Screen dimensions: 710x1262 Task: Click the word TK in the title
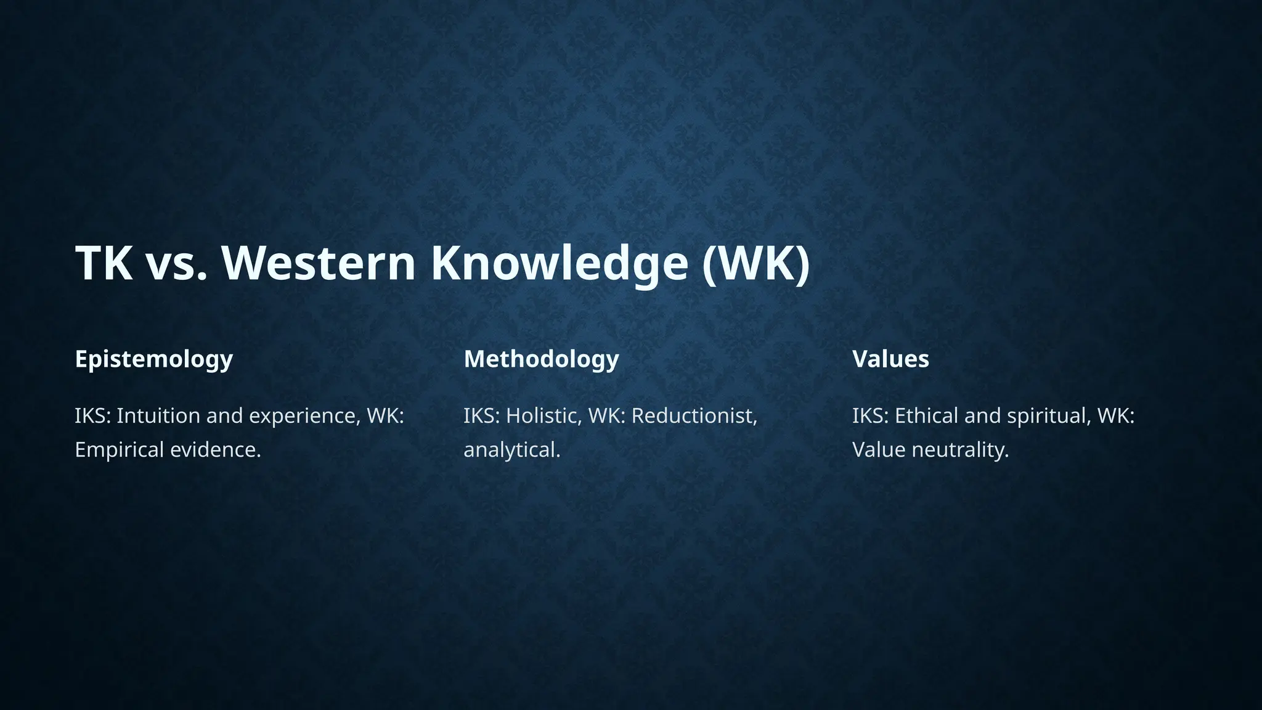tap(104, 263)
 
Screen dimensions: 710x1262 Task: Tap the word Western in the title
tap(318, 263)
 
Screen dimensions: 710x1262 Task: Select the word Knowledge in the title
tap(559, 263)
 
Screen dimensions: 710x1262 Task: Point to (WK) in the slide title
tap(755, 263)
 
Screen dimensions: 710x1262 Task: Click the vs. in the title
tap(176, 263)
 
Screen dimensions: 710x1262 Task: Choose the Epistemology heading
tap(154, 359)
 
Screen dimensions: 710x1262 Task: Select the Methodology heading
tap(541, 359)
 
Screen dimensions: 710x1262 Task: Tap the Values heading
tap(890, 359)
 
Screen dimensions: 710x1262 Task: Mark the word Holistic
tap(543, 416)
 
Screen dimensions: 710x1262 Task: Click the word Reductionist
tap(694, 416)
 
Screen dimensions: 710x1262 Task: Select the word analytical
tap(511, 450)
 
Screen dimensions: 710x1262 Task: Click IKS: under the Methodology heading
tap(482, 416)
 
